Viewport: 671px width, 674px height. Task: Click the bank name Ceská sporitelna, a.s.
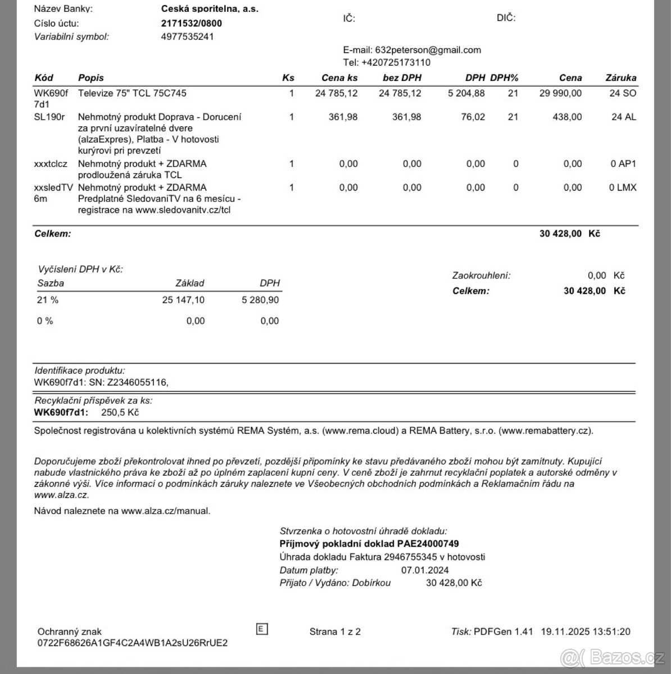(x=210, y=9)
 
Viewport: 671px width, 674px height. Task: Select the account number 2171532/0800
(x=191, y=23)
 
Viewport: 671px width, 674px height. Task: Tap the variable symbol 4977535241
(x=187, y=37)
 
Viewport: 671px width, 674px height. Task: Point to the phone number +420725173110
(x=396, y=62)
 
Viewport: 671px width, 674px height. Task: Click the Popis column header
(x=90, y=78)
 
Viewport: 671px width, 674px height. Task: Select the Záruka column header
(x=620, y=78)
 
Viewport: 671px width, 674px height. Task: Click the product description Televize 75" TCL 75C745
(x=132, y=93)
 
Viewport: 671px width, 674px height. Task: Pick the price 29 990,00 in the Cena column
(x=560, y=93)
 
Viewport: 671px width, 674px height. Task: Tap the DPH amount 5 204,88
(x=466, y=93)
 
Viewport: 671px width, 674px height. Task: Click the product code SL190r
(x=49, y=117)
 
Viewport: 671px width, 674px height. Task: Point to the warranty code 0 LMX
(x=623, y=188)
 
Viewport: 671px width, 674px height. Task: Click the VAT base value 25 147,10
(x=183, y=300)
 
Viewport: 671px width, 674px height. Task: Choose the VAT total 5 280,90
(x=260, y=300)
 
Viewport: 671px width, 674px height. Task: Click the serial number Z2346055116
(x=137, y=382)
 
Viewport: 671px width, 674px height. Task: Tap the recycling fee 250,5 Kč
(x=120, y=412)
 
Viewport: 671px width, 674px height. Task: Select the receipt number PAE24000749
(x=428, y=544)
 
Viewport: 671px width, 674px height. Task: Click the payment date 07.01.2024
(x=425, y=570)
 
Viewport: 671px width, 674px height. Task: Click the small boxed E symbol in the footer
(x=261, y=629)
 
